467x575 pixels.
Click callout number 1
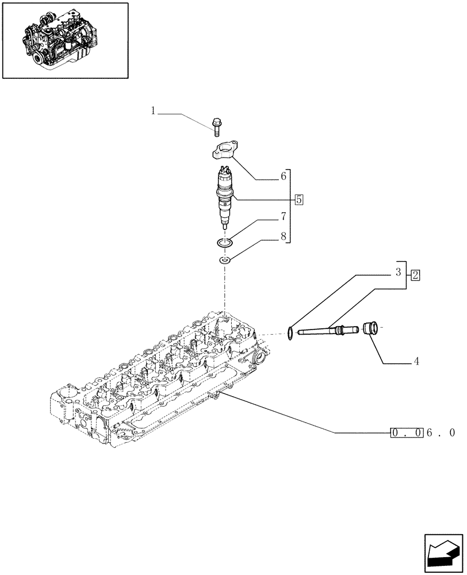[154, 110]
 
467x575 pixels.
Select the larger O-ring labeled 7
[225, 244]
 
